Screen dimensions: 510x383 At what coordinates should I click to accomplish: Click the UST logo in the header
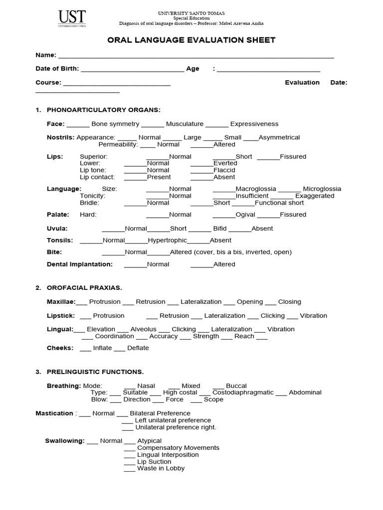[x=70, y=19]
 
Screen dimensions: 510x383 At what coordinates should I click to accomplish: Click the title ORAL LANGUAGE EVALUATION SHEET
[x=191, y=40]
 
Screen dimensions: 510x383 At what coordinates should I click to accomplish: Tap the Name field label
[x=45, y=55]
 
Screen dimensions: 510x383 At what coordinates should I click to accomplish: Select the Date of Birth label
[x=56, y=69]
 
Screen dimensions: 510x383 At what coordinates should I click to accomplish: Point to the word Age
[x=192, y=69]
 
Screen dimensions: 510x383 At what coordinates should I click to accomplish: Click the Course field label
[x=48, y=82]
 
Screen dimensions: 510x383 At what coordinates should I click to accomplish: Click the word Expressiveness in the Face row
[x=254, y=124]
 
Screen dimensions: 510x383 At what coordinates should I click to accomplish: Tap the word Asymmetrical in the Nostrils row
[x=279, y=137]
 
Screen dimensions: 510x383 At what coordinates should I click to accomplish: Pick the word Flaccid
[x=224, y=170]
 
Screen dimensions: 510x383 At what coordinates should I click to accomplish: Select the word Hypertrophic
[x=168, y=241]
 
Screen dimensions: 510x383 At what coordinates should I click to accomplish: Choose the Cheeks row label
[x=60, y=348]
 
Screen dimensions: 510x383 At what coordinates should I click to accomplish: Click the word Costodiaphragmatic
[x=243, y=392]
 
